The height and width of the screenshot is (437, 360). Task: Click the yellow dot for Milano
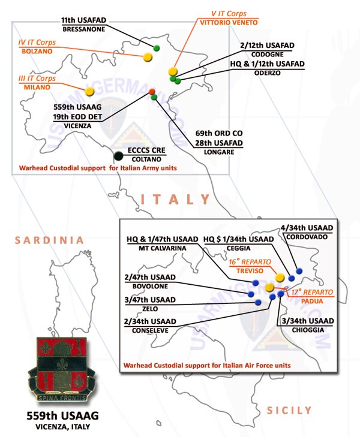coord(89,92)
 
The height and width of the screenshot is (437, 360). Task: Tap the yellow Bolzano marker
coord(148,57)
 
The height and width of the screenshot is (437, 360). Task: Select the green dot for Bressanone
coord(157,48)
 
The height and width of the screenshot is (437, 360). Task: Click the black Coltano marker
coord(119,156)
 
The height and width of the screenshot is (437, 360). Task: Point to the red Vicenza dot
coord(152,91)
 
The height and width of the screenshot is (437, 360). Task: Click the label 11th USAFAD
coord(83,20)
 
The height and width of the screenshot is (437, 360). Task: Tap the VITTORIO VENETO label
coord(229,22)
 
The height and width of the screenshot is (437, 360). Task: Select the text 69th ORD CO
coord(219,133)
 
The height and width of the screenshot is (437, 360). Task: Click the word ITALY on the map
coord(175,200)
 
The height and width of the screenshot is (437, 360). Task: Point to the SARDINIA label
coord(49,240)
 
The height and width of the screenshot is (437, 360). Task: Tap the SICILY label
coord(289,410)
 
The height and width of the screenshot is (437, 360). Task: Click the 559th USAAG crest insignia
coord(62,369)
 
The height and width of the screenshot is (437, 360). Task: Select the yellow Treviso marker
coord(280,278)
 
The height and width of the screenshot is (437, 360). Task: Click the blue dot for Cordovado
coord(299,270)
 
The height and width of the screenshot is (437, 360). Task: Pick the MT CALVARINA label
coord(162,248)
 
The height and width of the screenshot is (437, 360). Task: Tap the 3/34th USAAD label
coord(308,321)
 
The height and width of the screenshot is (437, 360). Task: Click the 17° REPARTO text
coord(312,292)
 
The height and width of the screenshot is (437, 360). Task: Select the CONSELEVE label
coord(151,330)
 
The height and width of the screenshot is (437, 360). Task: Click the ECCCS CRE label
coord(146,150)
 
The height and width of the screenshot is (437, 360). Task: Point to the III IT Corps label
coord(37,79)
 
